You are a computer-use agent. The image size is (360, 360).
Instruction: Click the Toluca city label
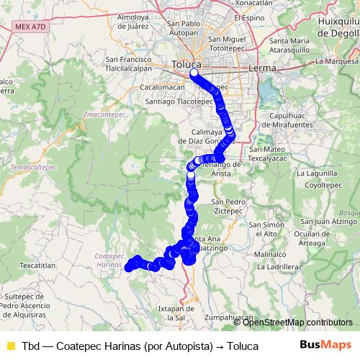pos(186,65)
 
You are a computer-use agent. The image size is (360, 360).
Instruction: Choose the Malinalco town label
pos(271,254)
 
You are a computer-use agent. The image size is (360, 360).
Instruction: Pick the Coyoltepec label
pos(322,184)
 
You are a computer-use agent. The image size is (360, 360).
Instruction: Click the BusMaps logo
pos(325,345)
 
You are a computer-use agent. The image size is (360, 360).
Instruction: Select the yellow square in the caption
pos(9,346)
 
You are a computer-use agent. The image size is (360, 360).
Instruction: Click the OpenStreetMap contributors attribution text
pos(297,322)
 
